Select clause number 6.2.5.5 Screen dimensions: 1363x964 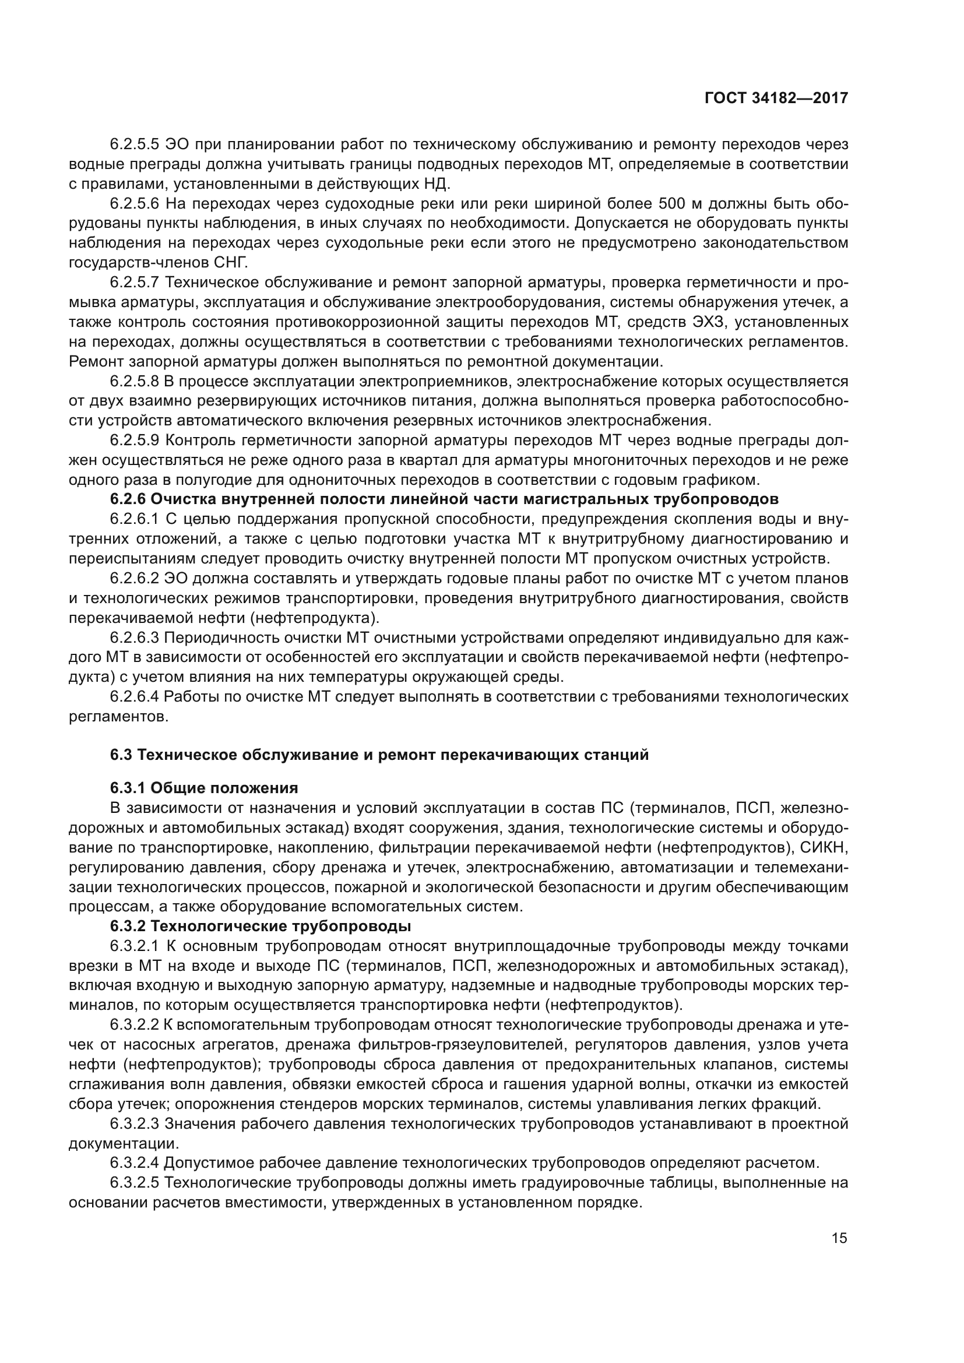tap(135, 145)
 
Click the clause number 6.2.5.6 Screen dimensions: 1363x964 tap(135, 203)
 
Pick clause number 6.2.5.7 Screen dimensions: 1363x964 tap(135, 283)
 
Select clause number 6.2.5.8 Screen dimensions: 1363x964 tap(135, 381)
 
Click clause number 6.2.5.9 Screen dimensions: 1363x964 tap(135, 441)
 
